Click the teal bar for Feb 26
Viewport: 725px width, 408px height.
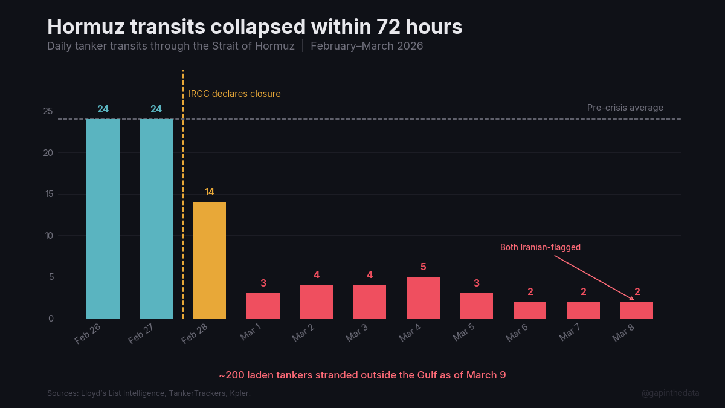103,218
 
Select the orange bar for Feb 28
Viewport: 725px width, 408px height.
209,260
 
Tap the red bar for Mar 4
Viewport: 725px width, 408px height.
423,297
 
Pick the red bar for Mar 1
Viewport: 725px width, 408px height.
263,305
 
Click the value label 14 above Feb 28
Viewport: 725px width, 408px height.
209,192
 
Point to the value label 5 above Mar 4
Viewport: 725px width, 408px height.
423,267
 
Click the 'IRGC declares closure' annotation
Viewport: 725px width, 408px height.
234,94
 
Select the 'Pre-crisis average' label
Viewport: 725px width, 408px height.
625,108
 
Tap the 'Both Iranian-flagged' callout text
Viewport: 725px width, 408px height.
540,247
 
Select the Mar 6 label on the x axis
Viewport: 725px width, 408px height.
517,333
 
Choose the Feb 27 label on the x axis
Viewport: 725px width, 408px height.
141,333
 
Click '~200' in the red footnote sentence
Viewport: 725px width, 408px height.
231,375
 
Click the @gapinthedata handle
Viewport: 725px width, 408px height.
670,393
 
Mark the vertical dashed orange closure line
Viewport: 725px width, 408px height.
183,212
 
